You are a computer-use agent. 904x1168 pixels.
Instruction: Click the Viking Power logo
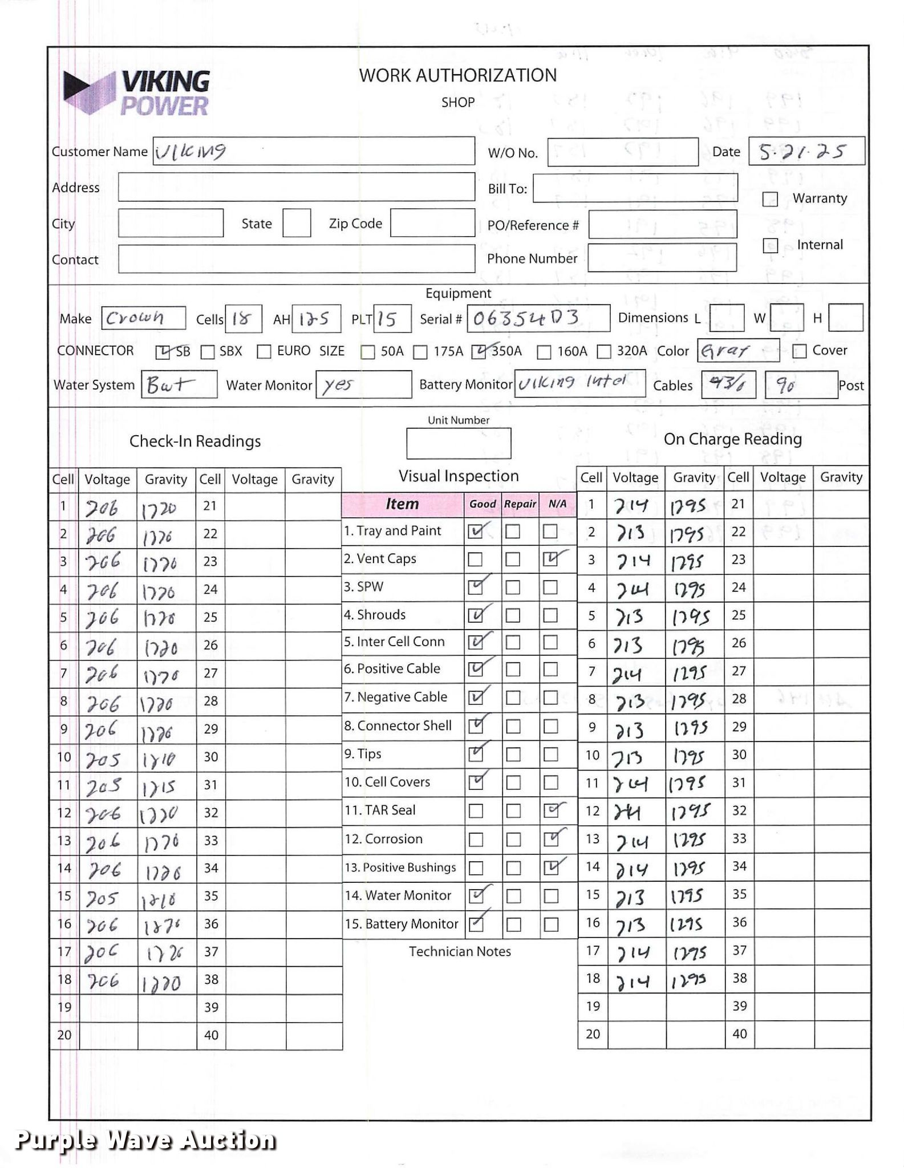pos(137,92)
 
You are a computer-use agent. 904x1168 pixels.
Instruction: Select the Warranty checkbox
pos(770,199)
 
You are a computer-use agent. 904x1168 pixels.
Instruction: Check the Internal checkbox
pos(770,245)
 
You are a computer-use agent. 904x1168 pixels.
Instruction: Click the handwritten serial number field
pos(538,318)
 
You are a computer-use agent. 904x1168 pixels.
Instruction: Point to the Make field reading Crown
pos(143,318)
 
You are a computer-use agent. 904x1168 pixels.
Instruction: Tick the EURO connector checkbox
pos(264,351)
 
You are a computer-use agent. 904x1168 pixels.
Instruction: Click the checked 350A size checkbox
pos(479,352)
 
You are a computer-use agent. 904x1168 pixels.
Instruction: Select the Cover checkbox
pos(799,351)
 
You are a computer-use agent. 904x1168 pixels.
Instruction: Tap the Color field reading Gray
pos(737,351)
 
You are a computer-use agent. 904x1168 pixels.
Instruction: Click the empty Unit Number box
pos(458,444)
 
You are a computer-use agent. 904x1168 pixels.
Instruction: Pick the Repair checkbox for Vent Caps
pos(513,559)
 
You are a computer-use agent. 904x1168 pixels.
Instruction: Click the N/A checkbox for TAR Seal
pos(551,810)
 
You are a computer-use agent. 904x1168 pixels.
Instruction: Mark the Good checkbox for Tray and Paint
pos(475,532)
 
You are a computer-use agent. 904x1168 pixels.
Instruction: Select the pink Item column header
pos(402,504)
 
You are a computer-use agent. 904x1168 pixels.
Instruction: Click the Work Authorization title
pos(457,76)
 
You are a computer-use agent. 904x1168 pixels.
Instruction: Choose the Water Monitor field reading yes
pos(363,385)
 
